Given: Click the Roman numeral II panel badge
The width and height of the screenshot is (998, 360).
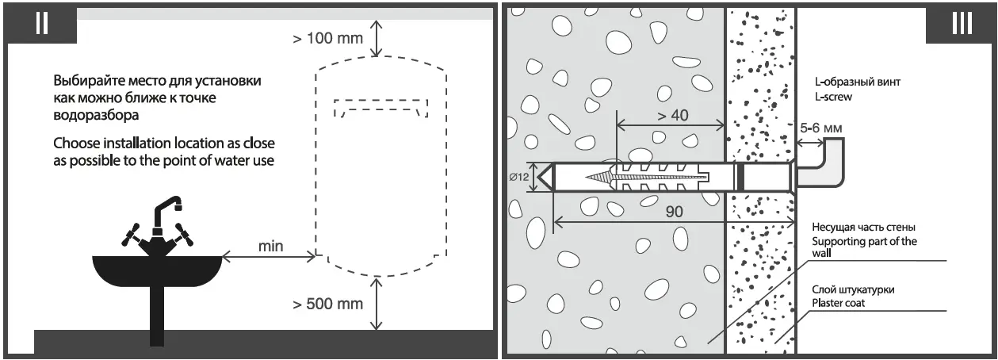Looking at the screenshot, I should (x=42, y=23).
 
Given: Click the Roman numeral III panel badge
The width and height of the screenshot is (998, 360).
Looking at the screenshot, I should (x=961, y=23).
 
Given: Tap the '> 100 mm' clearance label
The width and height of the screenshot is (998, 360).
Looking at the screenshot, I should (x=327, y=38).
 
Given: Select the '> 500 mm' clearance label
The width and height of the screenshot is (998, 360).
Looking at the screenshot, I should (x=327, y=304).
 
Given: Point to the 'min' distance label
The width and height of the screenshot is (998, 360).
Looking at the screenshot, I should (x=270, y=246).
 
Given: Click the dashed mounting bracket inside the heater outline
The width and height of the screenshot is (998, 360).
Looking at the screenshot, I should (x=381, y=106).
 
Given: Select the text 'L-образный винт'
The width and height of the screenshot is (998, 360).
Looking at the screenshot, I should (x=857, y=82).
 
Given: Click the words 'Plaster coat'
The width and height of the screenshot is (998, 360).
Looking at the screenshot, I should (x=839, y=303).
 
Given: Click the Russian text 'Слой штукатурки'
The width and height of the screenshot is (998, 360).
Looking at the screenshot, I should (x=853, y=289).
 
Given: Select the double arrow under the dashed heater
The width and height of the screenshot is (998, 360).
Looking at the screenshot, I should (x=378, y=304).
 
